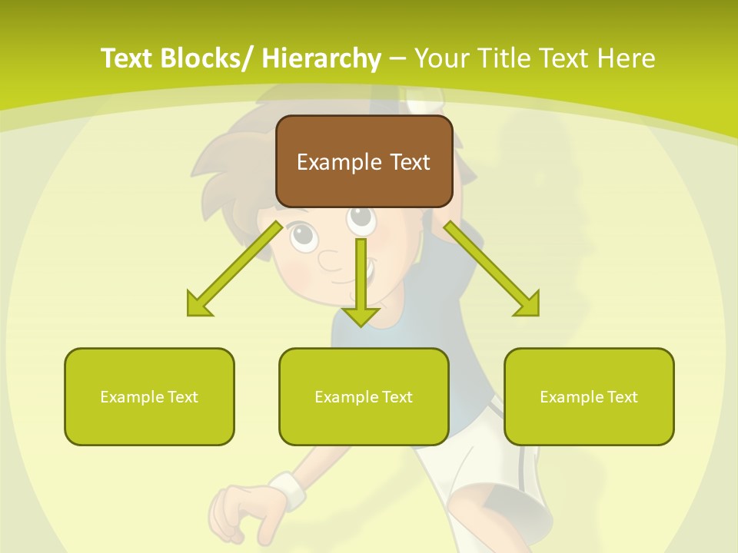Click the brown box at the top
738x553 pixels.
coord(364,161)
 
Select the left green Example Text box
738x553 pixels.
coord(149,396)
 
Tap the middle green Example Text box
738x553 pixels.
coord(364,396)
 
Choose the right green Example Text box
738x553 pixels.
coord(589,396)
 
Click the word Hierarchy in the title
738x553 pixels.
coord(321,58)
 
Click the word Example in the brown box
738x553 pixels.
coord(338,162)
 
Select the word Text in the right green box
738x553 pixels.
coord(622,397)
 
